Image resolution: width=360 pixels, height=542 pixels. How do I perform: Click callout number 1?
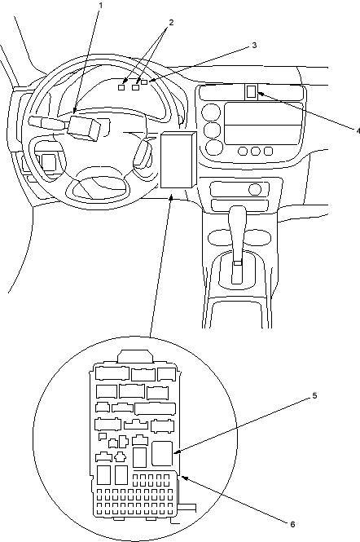click(x=101, y=6)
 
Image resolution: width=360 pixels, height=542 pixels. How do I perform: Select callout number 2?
click(x=171, y=23)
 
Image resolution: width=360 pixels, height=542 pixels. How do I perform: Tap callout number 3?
click(x=254, y=46)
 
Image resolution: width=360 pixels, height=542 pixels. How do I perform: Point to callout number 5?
click(x=314, y=395)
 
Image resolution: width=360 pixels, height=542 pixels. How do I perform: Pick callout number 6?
click(x=292, y=524)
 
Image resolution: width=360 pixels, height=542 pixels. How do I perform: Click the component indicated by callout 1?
click(x=85, y=127)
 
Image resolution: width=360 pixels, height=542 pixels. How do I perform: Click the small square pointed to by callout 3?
click(x=144, y=82)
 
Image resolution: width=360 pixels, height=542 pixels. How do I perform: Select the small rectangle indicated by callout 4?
click(x=252, y=91)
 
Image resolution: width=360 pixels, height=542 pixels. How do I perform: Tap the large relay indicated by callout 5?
click(x=162, y=453)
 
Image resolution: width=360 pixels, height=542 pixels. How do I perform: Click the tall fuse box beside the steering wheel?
click(x=178, y=160)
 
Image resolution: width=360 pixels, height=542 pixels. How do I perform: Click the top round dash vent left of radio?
click(x=212, y=112)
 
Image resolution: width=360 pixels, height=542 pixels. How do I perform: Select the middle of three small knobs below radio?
click(x=256, y=151)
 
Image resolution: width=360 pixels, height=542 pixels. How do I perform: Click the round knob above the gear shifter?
click(x=255, y=189)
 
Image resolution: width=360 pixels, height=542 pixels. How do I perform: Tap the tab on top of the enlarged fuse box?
click(x=136, y=356)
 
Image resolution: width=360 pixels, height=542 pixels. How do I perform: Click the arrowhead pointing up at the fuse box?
click(x=171, y=198)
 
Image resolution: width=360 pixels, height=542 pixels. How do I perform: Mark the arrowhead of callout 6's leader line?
click(x=185, y=478)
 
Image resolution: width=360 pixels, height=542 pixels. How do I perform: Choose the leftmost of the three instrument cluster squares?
click(x=121, y=87)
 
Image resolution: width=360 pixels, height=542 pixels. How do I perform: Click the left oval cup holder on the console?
click(x=221, y=238)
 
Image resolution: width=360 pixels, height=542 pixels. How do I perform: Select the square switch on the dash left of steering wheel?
click(x=48, y=162)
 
